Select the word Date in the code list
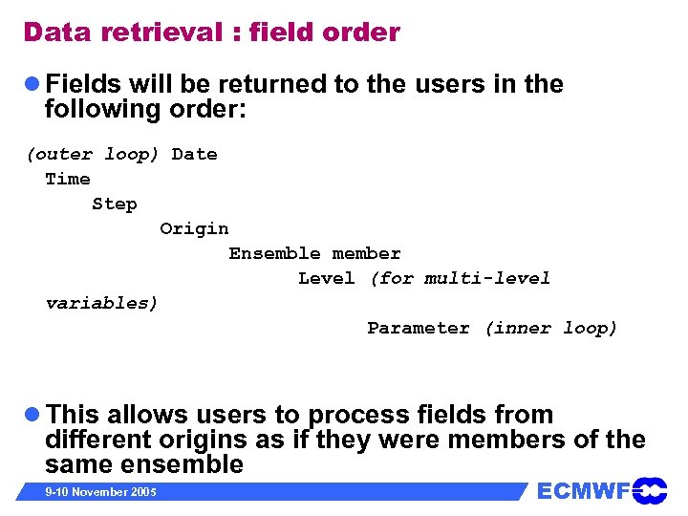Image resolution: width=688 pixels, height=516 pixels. [194, 154]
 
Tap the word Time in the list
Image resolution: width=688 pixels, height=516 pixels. [68, 179]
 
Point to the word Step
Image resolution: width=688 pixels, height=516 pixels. [115, 204]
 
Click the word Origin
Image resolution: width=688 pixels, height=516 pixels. [194, 228]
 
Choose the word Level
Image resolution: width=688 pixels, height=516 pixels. [327, 278]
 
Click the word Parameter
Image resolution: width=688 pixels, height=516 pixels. [419, 328]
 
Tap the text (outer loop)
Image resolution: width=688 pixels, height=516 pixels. [93, 154]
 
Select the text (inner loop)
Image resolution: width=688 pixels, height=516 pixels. [551, 328]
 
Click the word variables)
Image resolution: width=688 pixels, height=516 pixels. [102, 303]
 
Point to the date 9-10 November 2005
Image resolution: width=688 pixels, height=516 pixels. [101, 492]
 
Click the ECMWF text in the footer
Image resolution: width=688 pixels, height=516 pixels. [583, 491]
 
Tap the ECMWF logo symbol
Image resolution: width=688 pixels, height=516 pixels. [650, 491]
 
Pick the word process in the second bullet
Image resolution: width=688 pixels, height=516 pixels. [359, 416]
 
